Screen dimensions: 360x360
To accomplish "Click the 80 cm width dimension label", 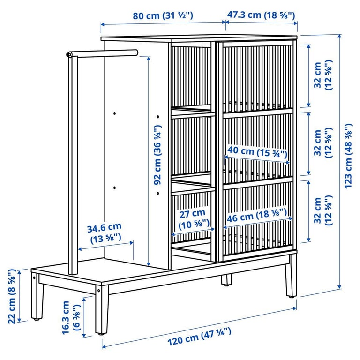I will click(163, 15).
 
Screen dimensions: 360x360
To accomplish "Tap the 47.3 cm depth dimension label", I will click(261, 15).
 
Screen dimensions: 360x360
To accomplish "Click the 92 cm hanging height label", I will click(158, 155).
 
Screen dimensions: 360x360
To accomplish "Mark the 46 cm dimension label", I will click(256, 217).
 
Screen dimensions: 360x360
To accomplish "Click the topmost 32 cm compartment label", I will click(323, 75).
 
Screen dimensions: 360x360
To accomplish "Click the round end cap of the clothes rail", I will click(69, 55).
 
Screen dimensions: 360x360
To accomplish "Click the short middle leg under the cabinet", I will click(226, 280).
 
